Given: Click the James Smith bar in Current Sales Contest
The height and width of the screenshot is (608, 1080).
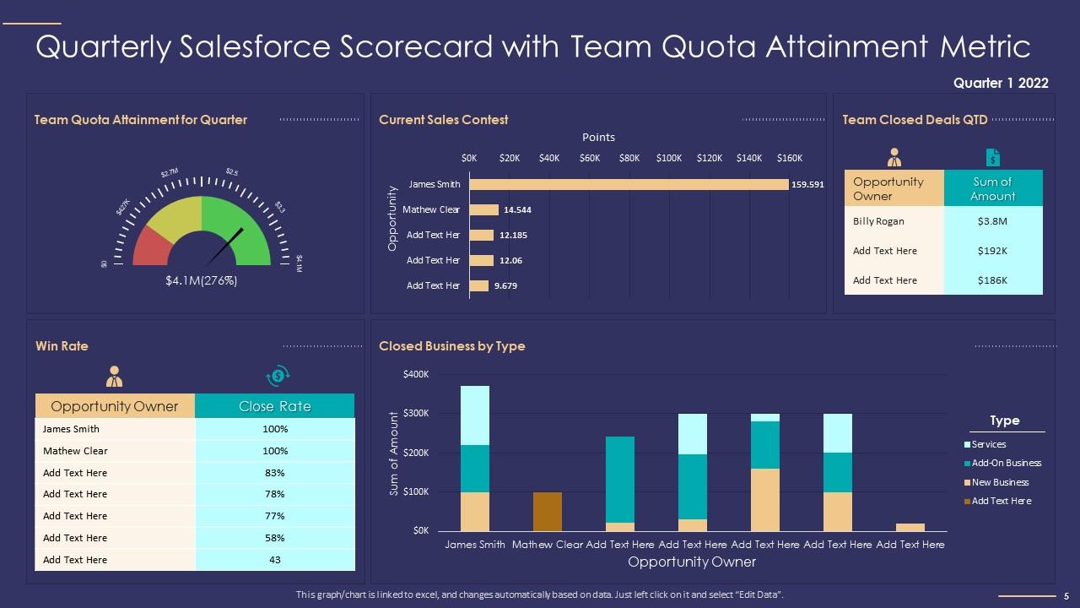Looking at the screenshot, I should (629, 184).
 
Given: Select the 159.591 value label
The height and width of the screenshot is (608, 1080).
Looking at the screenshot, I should (807, 184).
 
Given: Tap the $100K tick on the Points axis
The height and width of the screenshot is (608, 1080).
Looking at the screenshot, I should (669, 158).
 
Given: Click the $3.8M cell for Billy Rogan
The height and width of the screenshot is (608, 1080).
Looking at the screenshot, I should (992, 221).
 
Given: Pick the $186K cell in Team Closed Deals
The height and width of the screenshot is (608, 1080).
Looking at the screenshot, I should (992, 280).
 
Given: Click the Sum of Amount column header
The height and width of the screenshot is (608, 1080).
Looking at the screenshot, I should (992, 189).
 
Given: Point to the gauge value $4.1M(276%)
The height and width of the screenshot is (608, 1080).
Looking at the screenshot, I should (201, 281).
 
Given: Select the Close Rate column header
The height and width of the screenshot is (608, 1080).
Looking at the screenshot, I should (274, 406).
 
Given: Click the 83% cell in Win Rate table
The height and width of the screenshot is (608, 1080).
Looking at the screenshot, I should (274, 473).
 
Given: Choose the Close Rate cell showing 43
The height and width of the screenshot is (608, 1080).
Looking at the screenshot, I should (274, 560).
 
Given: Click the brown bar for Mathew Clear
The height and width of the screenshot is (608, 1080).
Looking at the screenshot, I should (548, 511).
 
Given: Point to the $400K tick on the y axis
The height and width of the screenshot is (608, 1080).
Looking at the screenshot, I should (416, 374).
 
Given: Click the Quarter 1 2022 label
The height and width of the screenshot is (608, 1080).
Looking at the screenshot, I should (1001, 83).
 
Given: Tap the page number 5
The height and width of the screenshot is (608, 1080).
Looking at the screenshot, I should (1066, 595).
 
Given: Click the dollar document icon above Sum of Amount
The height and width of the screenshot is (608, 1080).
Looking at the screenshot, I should (993, 158).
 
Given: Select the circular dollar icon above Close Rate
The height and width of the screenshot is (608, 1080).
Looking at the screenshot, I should (277, 376).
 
